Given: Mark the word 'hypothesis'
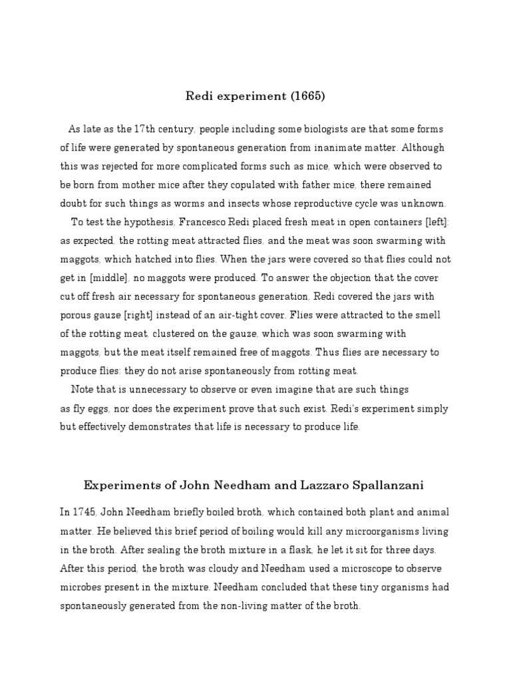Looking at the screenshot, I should [x=128, y=222].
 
